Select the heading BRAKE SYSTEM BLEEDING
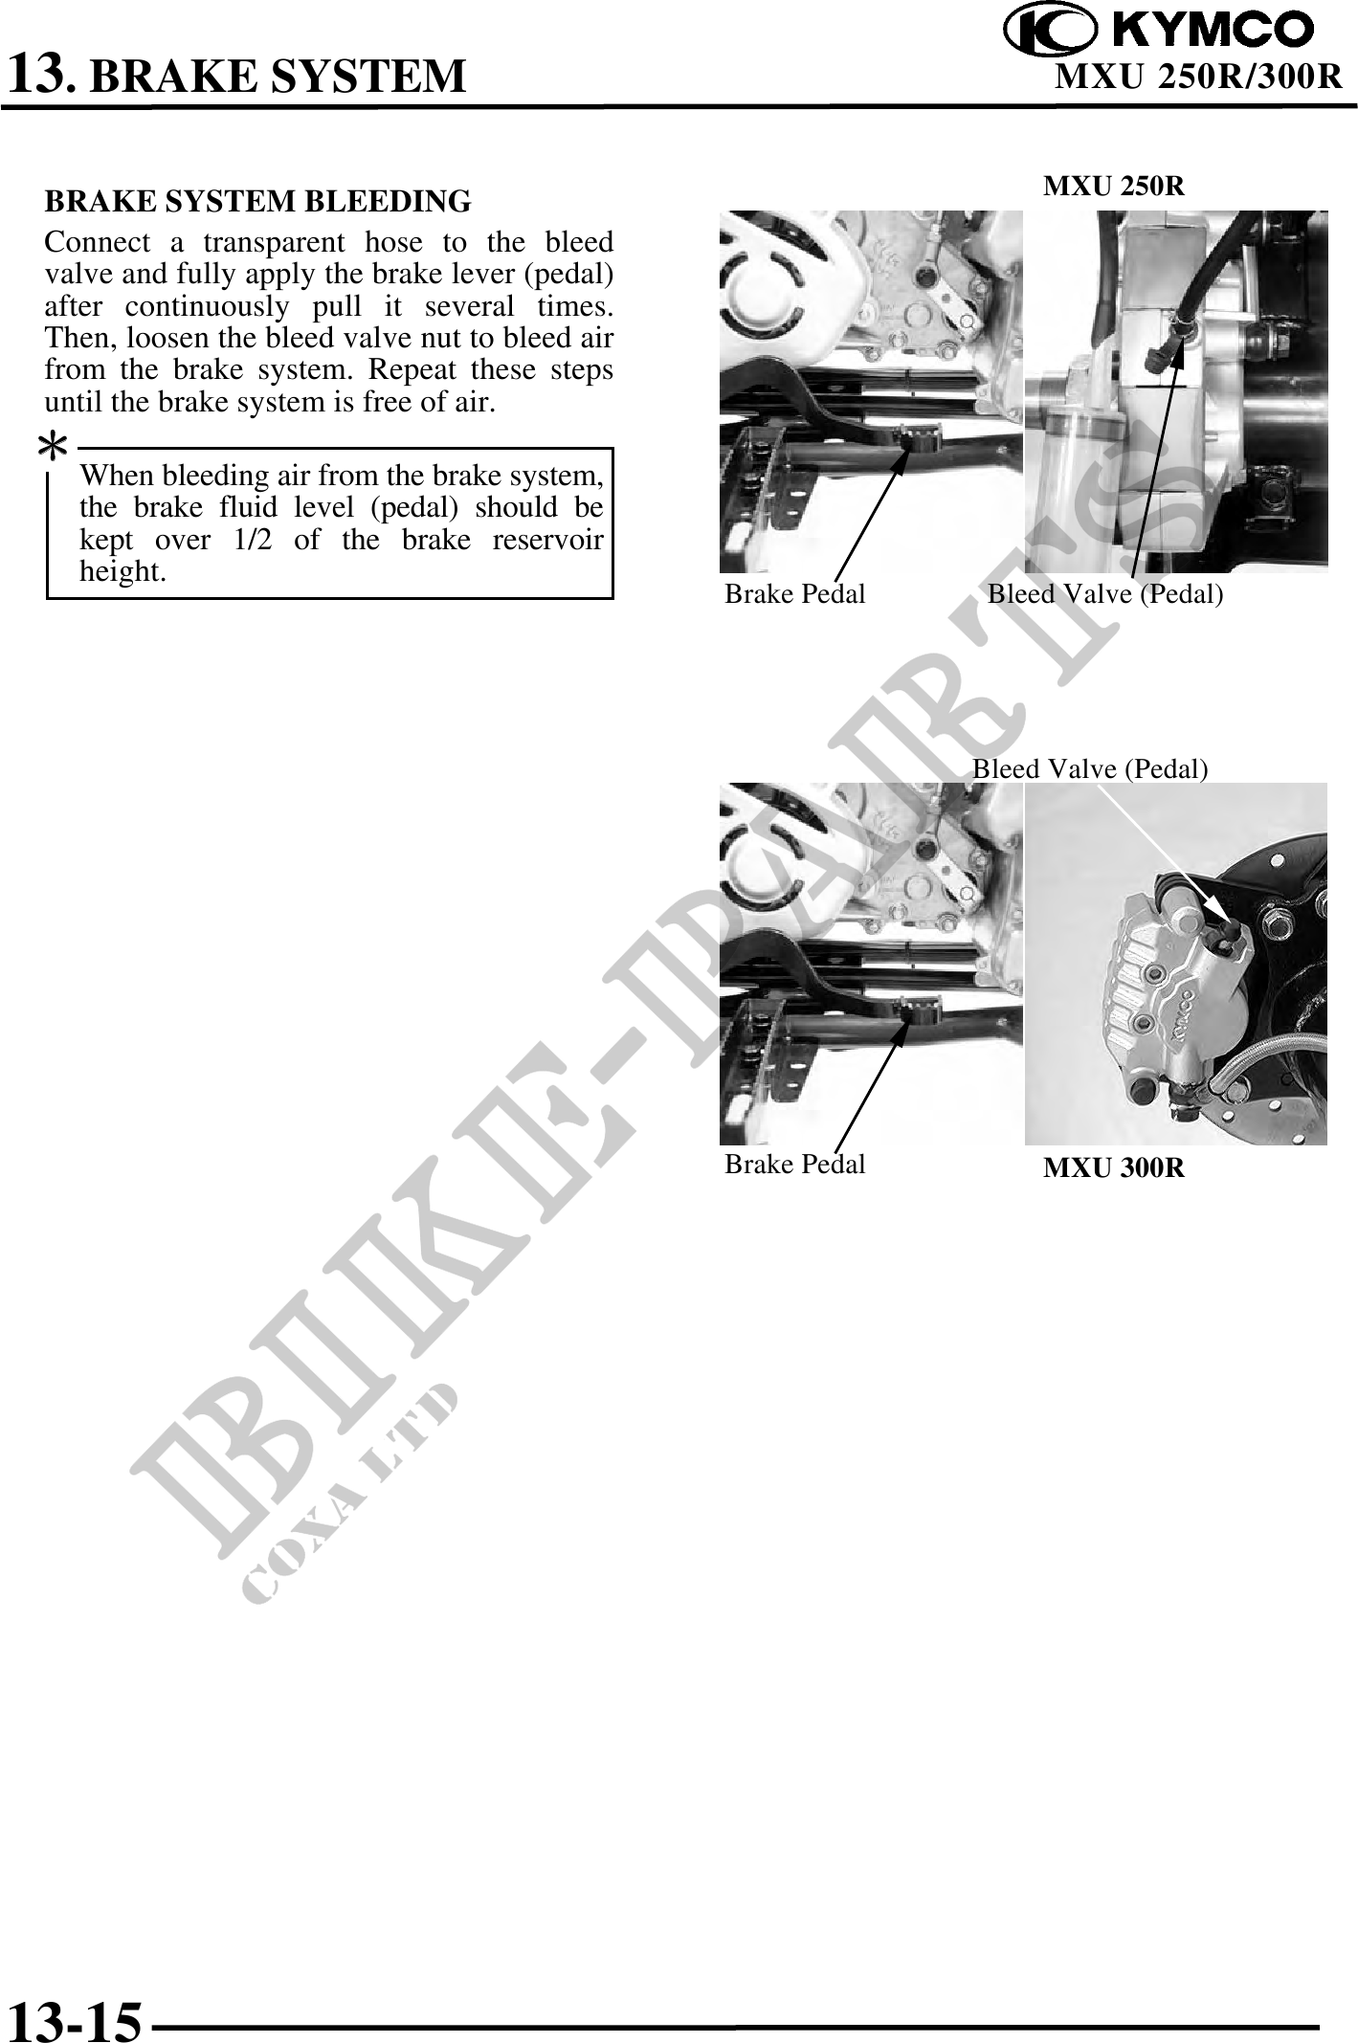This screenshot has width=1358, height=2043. pos(258,202)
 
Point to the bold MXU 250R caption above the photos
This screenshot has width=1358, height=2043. pos(1113,187)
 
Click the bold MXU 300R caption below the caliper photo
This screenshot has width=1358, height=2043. pos(1113,1167)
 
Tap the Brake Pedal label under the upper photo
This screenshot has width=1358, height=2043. pos(794,594)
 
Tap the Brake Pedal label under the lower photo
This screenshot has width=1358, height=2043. pos(794,1165)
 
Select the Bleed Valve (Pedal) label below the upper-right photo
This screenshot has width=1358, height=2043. pos(1105,594)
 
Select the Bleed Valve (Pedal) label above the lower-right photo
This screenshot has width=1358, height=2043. pos(1090,768)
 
